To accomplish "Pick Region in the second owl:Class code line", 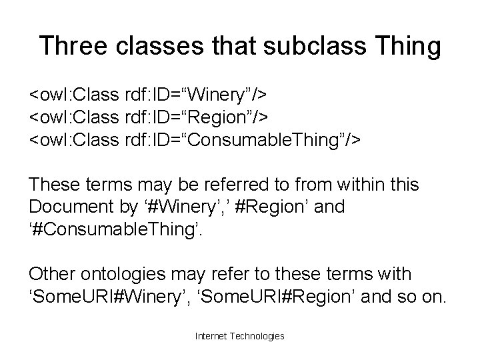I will coord(217,117).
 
